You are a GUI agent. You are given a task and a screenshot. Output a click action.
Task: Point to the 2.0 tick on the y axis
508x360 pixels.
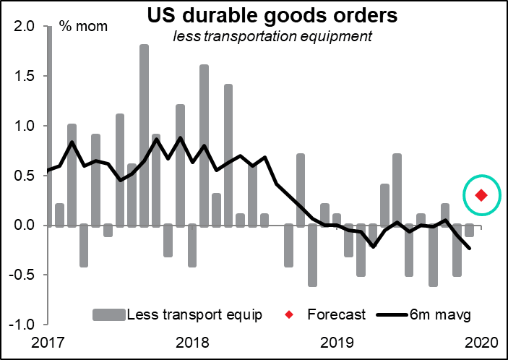click(25, 27)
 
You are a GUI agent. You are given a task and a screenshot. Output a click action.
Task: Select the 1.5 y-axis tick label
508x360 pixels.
click(25, 77)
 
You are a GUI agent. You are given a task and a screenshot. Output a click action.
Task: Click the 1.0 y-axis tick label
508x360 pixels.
click(25, 126)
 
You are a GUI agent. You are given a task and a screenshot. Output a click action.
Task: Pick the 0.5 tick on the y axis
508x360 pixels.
click(25, 176)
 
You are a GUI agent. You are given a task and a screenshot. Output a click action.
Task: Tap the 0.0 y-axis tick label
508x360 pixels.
click(25, 226)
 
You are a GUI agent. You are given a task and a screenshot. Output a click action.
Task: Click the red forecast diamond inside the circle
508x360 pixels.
click(480, 195)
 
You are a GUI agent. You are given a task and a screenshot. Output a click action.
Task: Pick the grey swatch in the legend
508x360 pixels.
click(108, 314)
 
